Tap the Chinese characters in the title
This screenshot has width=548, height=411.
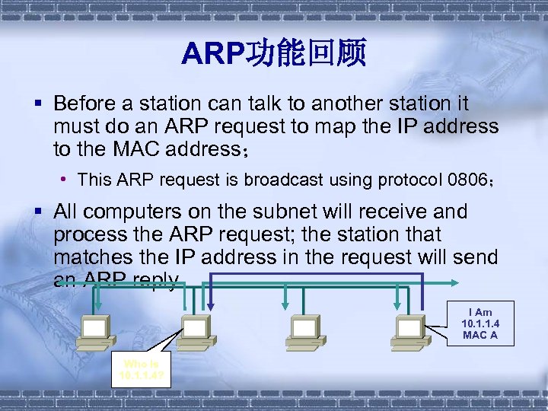[x=304, y=53]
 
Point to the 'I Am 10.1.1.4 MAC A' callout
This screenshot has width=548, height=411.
[x=479, y=323]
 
